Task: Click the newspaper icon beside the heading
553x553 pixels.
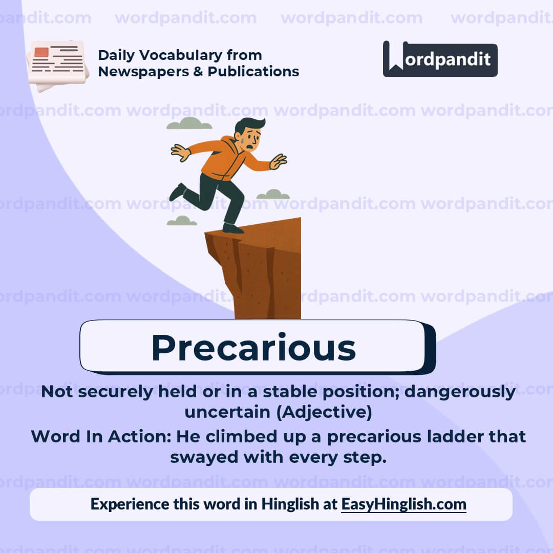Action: click(x=57, y=65)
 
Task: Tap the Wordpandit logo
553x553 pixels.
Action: click(x=440, y=59)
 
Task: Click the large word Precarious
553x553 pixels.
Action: click(x=253, y=348)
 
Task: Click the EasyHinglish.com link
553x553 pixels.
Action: click(x=403, y=504)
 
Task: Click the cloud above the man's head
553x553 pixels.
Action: click(x=189, y=123)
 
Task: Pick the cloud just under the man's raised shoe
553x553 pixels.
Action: click(x=182, y=221)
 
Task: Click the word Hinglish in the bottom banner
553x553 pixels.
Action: click(x=290, y=504)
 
